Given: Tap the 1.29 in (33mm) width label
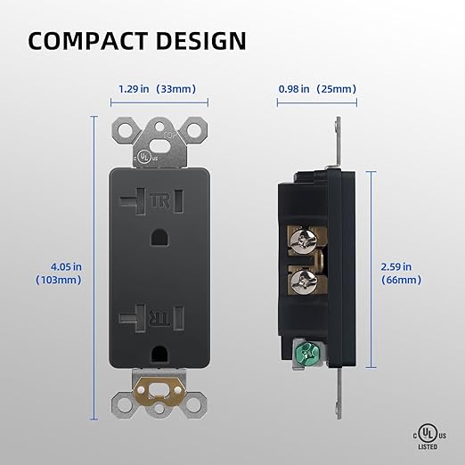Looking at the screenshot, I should pyautogui.click(x=157, y=89).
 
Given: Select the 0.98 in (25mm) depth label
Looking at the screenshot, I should pyautogui.click(x=316, y=89).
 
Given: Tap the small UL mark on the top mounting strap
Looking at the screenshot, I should pyautogui.click(x=143, y=155).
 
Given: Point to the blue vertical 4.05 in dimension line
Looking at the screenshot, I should pyautogui.click(x=94, y=267).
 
